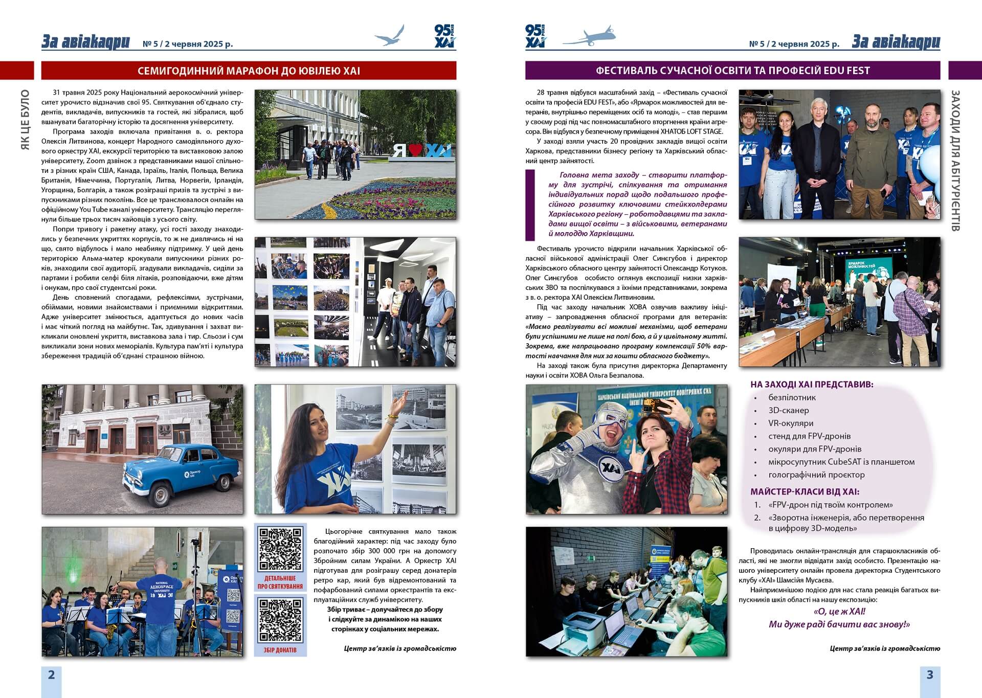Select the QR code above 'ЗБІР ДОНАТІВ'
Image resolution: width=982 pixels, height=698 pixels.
click(x=280, y=620)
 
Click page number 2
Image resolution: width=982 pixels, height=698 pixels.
click(x=51, y=674)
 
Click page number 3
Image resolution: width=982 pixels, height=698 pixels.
click(x=930, y=674)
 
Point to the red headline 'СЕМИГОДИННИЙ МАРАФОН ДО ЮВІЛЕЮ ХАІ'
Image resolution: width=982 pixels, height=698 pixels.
click(x=249, y=71)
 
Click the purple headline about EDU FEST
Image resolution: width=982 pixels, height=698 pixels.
click(x=732, y=71)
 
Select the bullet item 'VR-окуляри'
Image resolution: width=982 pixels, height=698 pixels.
click(x=790, y=423)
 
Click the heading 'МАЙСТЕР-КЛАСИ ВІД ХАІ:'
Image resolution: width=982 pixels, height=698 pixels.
click(x=805, y=492)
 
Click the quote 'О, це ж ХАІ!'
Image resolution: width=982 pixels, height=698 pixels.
click(x=839, y=611)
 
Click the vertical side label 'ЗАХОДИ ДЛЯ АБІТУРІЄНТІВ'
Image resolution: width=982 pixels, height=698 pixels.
click(x=955, y=161)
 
